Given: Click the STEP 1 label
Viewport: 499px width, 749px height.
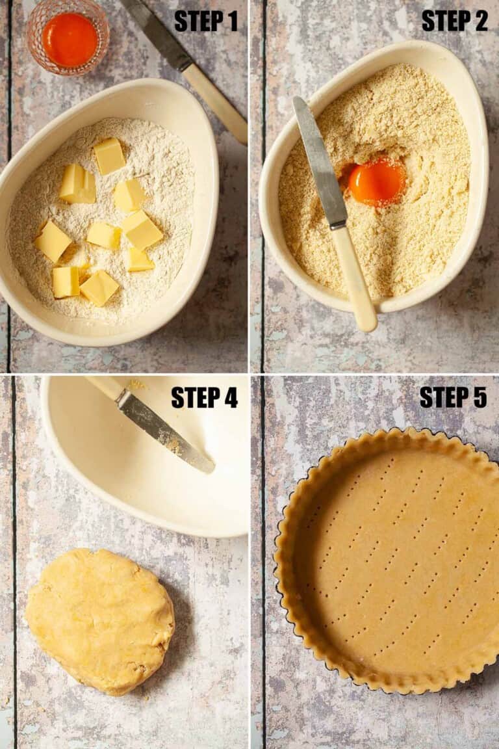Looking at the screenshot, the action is coord(206,21).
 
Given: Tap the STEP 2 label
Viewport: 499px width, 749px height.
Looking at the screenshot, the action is coord(455,21).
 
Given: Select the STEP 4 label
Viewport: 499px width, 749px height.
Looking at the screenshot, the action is coord(205,397).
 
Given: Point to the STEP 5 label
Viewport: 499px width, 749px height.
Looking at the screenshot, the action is coord(453,397).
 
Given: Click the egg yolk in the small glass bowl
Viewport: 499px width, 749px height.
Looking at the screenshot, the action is coord(70,40).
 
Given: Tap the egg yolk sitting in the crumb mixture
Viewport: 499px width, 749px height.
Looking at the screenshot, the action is coord(377,183).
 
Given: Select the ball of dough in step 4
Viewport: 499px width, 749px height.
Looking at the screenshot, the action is coord(100,621).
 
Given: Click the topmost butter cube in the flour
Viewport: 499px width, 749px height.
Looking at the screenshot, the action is coord(109,156).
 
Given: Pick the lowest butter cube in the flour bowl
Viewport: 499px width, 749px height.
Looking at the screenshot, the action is coord(99,288).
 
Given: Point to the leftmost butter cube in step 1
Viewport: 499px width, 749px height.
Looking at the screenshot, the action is coord(53,241).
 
